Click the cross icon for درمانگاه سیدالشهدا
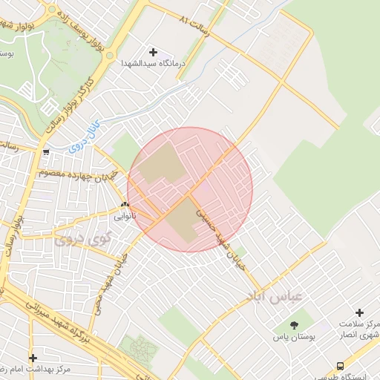point(154,53)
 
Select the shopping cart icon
point(47,153)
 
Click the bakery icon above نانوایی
point(125,205)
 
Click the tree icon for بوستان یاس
point(294,324)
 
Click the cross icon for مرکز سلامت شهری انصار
point(359,312)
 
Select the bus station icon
point(340,365)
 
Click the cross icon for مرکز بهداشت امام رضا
point(33,357)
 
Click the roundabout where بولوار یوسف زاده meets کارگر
point(110,55)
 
